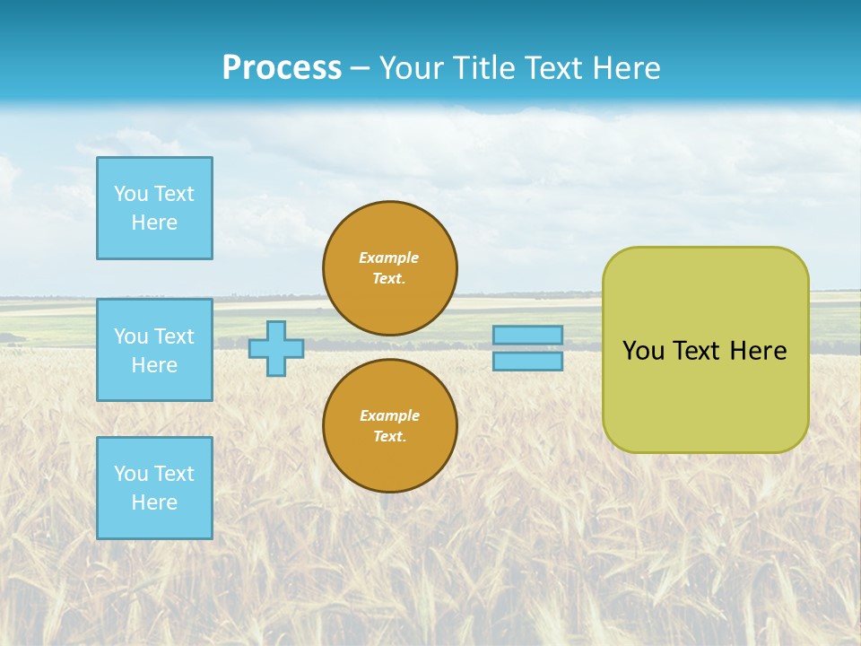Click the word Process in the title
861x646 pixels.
click(282, 68)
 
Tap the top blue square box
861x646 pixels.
click(154, 208)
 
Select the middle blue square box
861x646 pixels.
click(154, 350)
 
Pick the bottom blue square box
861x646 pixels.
click(154, 488)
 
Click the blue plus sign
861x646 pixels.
click(276, 348)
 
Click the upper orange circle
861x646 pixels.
click(389, 268)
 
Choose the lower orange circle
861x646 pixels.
click(389, 426)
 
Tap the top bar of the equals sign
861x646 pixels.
click(527, 335)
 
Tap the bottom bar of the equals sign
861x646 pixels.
click(527, 362)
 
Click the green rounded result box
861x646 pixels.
click(705, 395)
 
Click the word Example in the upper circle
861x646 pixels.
click(389, 258)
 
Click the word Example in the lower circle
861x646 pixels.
click(389, 415)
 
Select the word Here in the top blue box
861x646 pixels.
click(154, 223)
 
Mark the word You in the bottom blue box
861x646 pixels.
click(131, 474)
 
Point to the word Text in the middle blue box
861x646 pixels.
click(174, 336)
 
